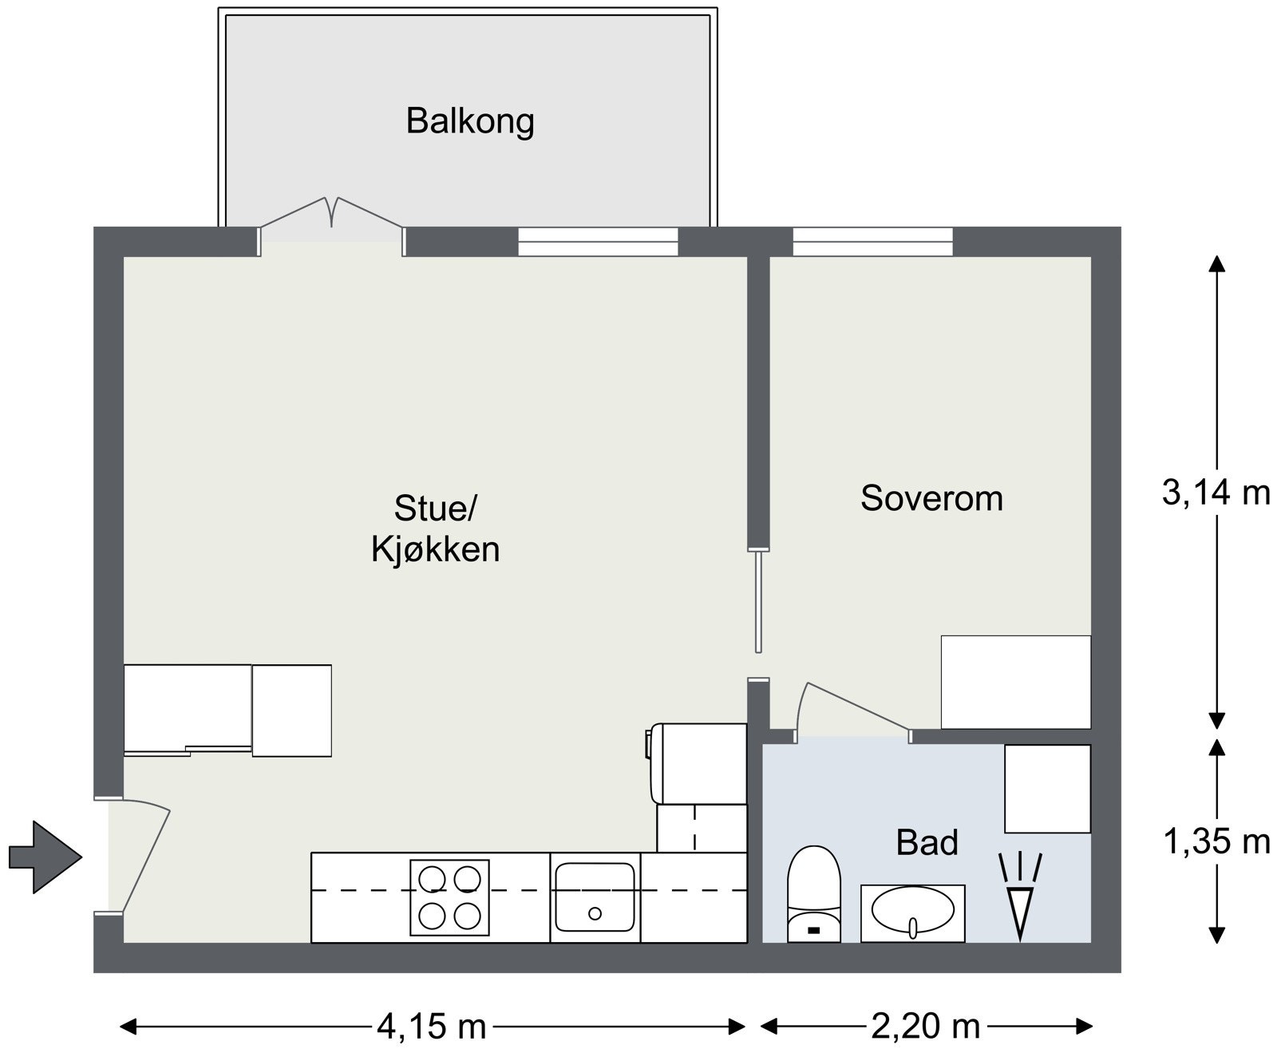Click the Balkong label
470,121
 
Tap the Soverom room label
931,498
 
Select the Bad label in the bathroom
927,842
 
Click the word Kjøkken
435,550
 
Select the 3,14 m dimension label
1216,492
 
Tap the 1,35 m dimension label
1216,841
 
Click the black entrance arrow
45,857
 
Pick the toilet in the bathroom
814,894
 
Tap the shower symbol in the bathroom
1020,897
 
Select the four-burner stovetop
449,897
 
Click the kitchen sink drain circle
595,913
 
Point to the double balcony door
331,225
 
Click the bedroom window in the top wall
872,242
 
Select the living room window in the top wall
598,242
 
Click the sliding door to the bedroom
758,601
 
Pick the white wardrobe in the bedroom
1015,682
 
